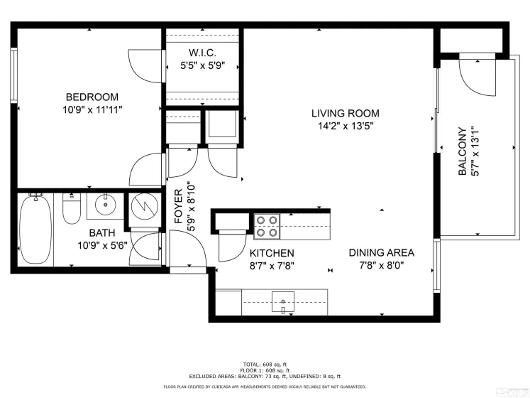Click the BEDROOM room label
pos(92,97)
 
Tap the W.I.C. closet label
pos(202,53)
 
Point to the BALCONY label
pos(462,151)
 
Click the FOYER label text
pos(179,205)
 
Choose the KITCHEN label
pos(272,253)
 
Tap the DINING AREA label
pos(381,252)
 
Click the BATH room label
pos(103,233)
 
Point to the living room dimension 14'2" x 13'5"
pos(346,126)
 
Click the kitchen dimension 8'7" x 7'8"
pos(272,266)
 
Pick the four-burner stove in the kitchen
pos(267,226)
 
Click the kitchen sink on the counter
pos(283,301)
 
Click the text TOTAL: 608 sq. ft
pos(265,364)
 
